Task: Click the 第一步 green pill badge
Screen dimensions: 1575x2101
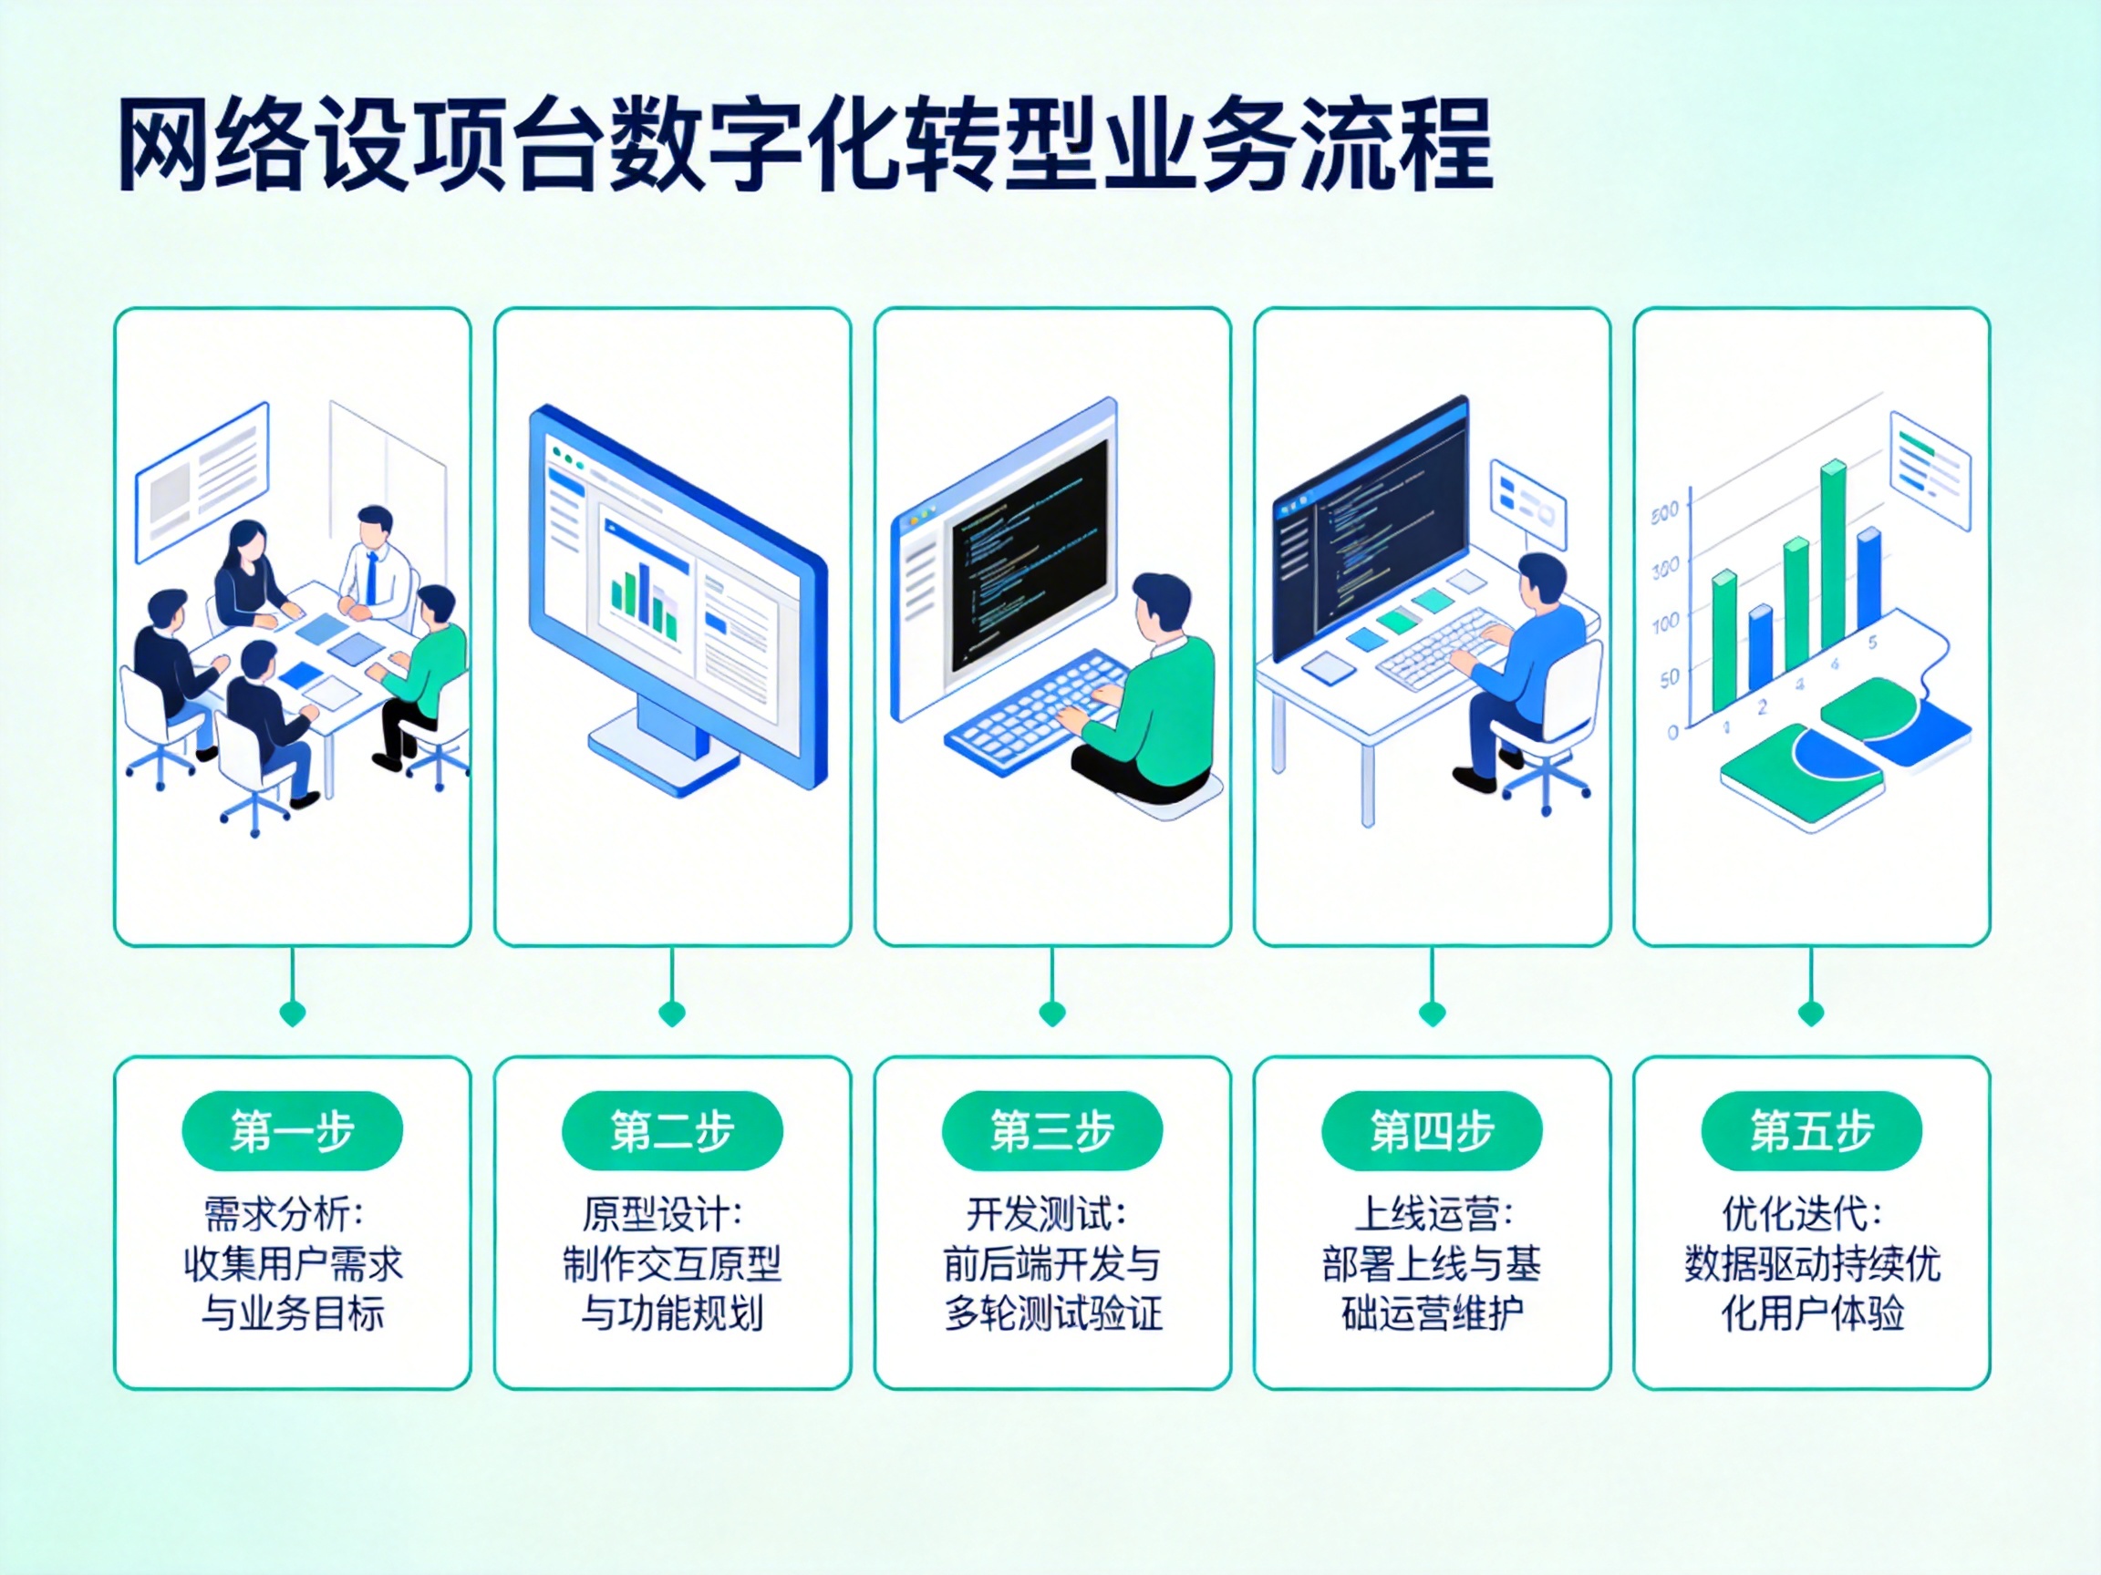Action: (x=292, y=1131)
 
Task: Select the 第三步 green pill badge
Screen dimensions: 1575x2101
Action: (x=1051, y=1131)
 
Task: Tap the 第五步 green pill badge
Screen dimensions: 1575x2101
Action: (x=1810, y=1131)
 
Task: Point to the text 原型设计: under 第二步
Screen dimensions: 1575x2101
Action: (x=663, y=1214)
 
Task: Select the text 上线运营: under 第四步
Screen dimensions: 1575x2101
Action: (x=1433, y=1214)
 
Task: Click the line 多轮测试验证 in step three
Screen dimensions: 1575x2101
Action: (x=1053, y=1315)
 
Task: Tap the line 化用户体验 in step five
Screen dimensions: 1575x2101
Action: (x=1812, y=1315)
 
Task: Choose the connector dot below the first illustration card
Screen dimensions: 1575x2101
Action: (x=293, y=1013)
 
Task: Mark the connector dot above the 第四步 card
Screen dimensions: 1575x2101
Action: (x=1432, y=1013)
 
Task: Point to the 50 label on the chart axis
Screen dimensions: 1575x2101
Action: (x=1669, y=679)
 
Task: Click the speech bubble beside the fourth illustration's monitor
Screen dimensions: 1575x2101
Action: (x=1527, y=503)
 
